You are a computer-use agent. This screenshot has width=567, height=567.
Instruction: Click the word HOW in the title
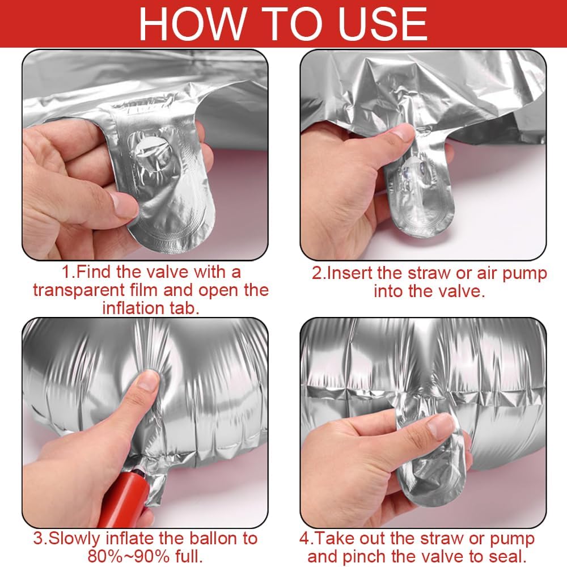(192, 23)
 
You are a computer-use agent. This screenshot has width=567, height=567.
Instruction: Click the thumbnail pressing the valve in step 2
(401, 132)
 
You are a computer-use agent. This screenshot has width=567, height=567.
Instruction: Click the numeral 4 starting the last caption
(304, 539)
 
